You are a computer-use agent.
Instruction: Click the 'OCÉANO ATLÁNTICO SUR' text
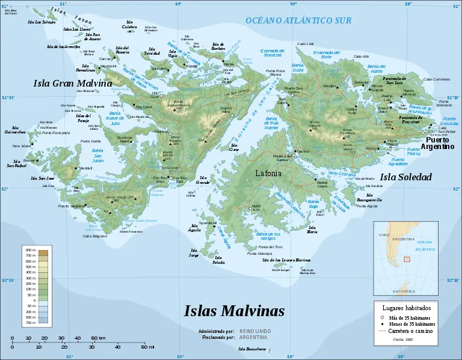click(298, 20)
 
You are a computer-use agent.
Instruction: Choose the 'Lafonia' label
click(268, 174)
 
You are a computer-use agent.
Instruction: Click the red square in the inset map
click(407, 259)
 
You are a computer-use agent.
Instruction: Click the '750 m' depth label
click(30, 323)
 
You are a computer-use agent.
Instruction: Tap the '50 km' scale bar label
click(98, 338)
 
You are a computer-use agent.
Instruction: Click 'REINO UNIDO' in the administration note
click(255, 331)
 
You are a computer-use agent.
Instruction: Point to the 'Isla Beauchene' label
click(251, 349)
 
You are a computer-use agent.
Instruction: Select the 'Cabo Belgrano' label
click(95, 236)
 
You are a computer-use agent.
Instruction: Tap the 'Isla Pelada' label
click(219, 261)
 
